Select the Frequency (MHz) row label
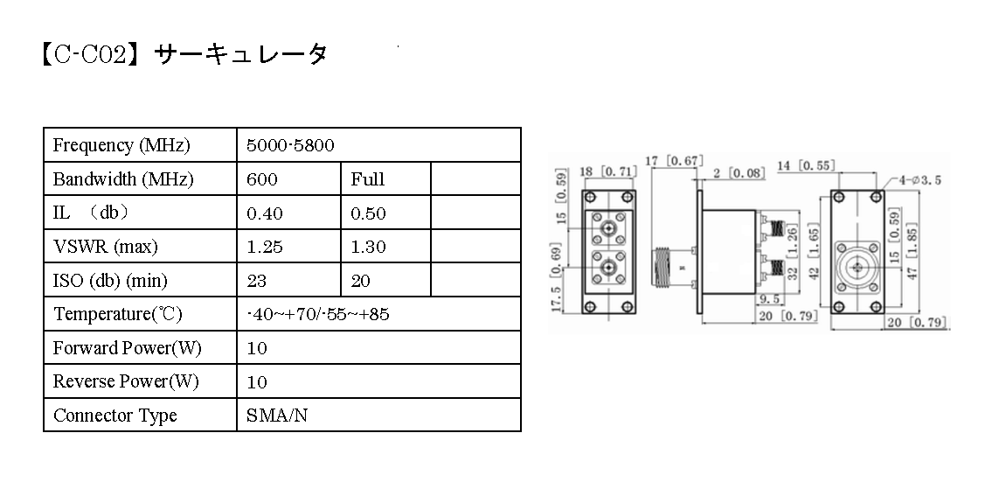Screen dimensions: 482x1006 click(x=121, y=145)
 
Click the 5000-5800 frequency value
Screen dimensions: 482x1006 click(x=290, y=145)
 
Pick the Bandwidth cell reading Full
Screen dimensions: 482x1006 click(x=367, y=179)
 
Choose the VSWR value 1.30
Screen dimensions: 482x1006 click(x=368, y=248)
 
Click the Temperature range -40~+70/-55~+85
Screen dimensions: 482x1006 click(x=318, y=314)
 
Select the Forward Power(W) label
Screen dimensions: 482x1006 click(x=128, y=348)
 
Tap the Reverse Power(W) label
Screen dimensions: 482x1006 click(x=126, y=382)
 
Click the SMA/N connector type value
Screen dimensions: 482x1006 click(x=277, y=416)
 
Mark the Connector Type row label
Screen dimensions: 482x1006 click(x=114, y=416)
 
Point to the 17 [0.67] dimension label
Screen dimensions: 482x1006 click(x=674, y=160)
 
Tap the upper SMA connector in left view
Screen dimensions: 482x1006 click(x=605, y=229)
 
